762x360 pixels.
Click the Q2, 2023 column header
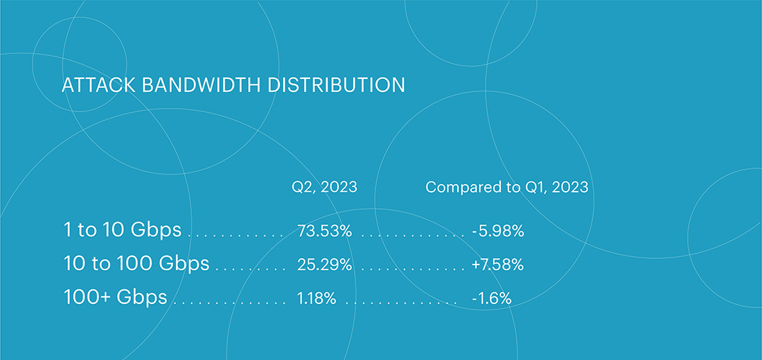point(324,187)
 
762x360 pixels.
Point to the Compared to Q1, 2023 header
point(507,187)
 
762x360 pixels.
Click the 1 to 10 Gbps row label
point(123,230)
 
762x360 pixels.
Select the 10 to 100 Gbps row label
point(136,264)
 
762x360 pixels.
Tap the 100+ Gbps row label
point(115,297)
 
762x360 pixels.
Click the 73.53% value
point(324,231)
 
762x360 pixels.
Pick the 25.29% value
point(324,264)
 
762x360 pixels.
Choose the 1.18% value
point(317,298)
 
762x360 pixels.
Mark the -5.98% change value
point(497,231)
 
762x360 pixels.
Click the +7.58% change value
point(497,264)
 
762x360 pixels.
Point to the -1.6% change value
point(491,298)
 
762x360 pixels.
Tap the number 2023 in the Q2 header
point(339,187)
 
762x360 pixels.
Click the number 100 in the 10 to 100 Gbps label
point(135,263)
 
